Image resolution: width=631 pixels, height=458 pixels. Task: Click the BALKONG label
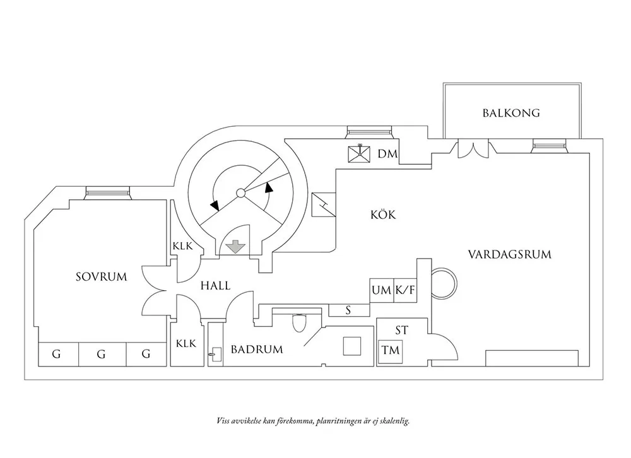click(511, 113)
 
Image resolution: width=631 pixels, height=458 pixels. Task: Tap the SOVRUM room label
click(102, 277)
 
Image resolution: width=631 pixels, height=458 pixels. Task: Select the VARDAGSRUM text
click(509, 254)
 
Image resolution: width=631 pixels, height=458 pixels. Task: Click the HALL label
click(215, 286)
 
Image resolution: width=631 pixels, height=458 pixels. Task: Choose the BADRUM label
click(257, 349)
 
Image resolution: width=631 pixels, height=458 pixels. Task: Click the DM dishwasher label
click(387, 154)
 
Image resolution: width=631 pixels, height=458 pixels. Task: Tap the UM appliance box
click(382, 290)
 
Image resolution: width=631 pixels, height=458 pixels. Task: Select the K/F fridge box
click(405, 290)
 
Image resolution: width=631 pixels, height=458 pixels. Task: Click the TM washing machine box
click(391, 351)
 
